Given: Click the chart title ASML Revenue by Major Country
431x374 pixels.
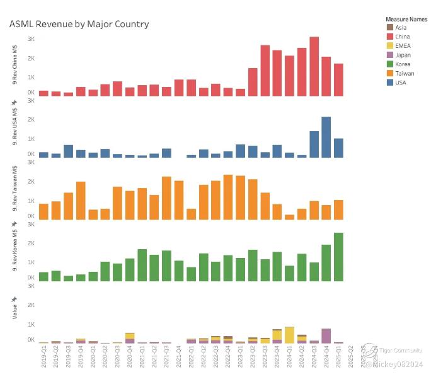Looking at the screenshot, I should point(79,24).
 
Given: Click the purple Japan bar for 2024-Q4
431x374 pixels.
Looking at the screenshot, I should point(326,335).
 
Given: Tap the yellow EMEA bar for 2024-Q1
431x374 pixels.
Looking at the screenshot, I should point(289,335).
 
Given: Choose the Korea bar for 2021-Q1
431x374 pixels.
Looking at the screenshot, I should point(142,266).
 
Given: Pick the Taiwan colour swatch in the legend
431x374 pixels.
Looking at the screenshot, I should point(389,73).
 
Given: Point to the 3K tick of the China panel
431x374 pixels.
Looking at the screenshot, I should point(30,39).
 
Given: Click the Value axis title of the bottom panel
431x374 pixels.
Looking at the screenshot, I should point(14,311).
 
